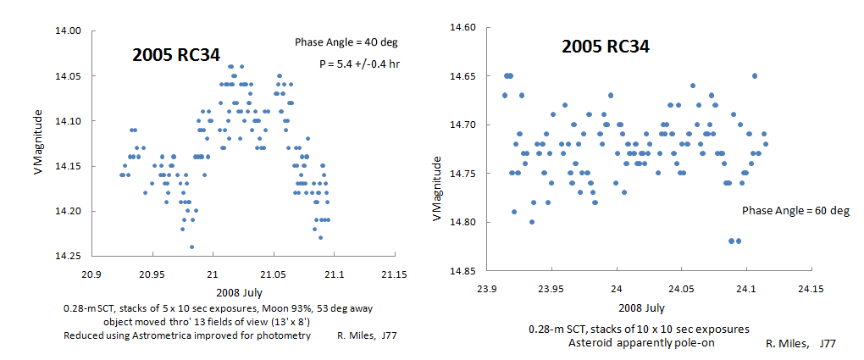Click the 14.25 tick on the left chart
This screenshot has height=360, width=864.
click(69, 256)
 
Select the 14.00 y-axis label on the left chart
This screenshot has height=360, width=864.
click(69, 30)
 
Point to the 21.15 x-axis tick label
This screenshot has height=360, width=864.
click(394, 274)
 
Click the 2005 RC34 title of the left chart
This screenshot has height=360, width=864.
click(176, 56)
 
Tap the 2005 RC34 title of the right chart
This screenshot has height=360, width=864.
click(606, 47)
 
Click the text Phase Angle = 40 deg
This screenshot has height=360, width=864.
click(346, 42)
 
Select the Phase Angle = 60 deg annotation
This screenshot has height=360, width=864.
click(796, 210)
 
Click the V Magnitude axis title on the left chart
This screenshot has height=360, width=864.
click(36, 141)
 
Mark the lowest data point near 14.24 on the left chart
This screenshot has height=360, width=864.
click(191, 247)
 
